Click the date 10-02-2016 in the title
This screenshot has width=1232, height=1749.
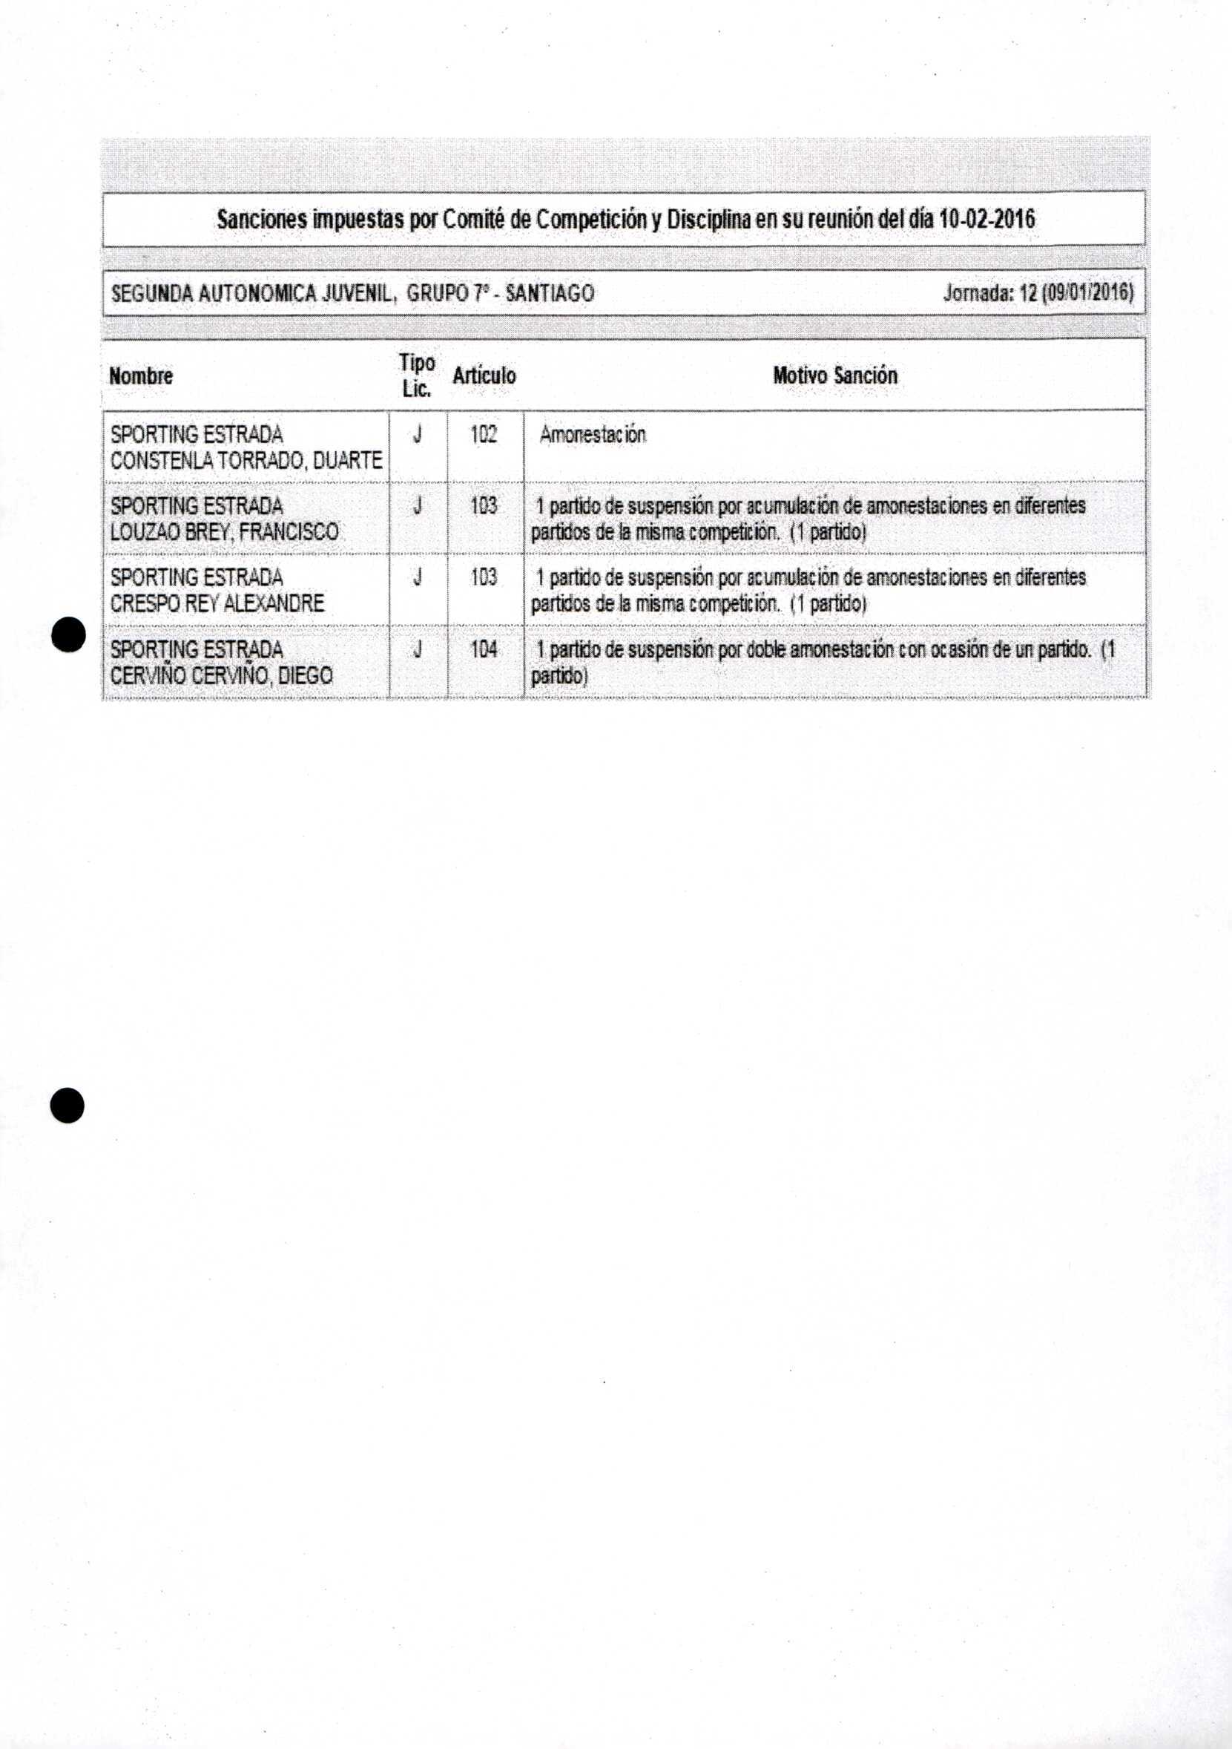click(x=986, y=220)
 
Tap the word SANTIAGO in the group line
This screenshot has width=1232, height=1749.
click(x=549, y=293)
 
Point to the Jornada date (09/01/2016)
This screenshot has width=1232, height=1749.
click(x=1091, y=293)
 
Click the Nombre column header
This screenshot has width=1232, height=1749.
click(x=141, y=376)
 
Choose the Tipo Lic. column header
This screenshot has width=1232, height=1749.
click(x=418, y=375)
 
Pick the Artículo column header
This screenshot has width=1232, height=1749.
click(x=484, y=375)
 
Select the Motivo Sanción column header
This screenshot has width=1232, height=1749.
click(x=834, y=375)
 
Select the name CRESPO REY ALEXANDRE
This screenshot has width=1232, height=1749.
click(x=217, y=603)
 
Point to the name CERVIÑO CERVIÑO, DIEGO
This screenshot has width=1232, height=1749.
click(x=221, y=676)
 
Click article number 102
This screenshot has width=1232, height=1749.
click(x=484, y=435)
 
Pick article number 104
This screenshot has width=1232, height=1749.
click(x=484, y=650)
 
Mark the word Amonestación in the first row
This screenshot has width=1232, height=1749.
click(x=593, y=435)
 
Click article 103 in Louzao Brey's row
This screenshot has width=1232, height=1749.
click(x=484, y=506)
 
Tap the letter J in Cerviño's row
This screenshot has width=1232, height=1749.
click(x=418, y=650)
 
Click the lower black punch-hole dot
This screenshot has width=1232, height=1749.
click(x=67, y=1105)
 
